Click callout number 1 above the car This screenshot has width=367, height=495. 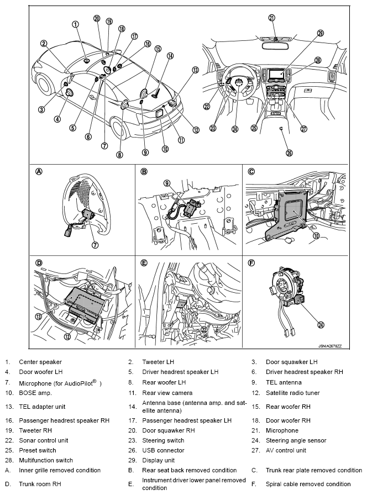click(x=76, y=24)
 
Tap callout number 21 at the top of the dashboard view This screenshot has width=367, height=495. click(x=271, y=17)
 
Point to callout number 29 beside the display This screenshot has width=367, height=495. click(x=320, y=33)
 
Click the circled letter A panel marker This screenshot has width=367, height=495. click(x=39, y=171)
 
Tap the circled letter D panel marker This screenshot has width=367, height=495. click(x=39, y=262)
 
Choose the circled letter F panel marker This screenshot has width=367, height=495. click(x=251, y=262)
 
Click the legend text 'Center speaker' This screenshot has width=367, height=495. click(x=40, y=362)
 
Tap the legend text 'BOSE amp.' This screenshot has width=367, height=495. click(x=35, y=393)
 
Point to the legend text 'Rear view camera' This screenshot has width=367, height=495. click(x=167, y=393)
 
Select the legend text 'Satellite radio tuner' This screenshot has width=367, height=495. click(x=293, y=393)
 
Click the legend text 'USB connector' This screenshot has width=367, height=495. click(x=164, y=450)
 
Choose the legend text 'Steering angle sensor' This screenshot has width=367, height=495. click(x=296, y=440)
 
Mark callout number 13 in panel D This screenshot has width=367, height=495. click(x=39, y=317)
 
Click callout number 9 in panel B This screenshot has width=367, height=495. click(x=166, y=183)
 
